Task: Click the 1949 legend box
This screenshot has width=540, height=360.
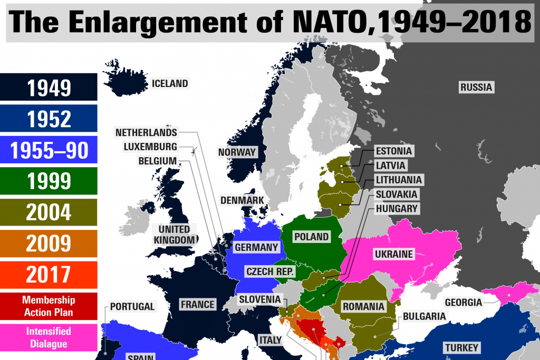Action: (x=49, y=87)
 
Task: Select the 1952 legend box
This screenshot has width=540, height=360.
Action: (x=49, y=119)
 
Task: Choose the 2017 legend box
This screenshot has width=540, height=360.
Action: (x=49, y=275)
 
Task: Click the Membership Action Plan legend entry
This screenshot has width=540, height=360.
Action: (x=49, y=306)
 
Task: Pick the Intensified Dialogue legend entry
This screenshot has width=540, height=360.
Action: (x=49, y=337)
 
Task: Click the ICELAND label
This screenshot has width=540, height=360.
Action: (x=170, y=83)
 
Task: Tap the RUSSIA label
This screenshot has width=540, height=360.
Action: (x=476, y=87)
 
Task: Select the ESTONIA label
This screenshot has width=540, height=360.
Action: (x=393, y=151)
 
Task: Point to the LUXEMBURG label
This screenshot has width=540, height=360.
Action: (x=150, y=147)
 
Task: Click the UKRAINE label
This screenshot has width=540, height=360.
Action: (x=393, y=255)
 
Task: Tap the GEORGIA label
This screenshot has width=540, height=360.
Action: (x=463, y=303)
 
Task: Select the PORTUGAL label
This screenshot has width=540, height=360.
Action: (x=132, y=306)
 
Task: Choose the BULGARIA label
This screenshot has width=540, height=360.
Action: (x=425, y=317)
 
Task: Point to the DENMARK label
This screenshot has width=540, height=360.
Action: (x=242, y=200)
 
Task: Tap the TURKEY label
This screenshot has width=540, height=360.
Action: (x=461, y=347)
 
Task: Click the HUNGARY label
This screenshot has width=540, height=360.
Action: (x=397, y=209)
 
